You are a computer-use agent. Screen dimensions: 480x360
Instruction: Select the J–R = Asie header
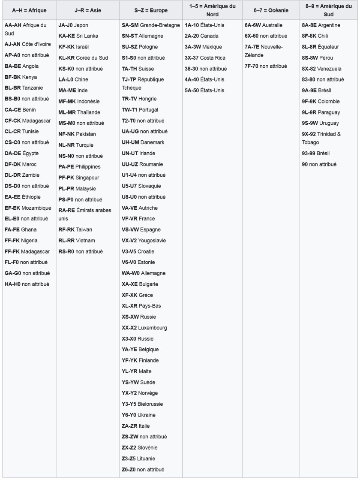pyautogui.click(x=86, y=9)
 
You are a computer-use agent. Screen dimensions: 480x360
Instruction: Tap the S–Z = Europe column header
pyautogui.click(x=150, y=9)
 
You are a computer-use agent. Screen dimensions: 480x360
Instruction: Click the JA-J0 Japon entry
pyautogui.click(x=73, y=25)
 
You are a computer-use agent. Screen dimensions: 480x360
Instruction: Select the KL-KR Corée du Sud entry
pyautogui.click(x=83, y=58)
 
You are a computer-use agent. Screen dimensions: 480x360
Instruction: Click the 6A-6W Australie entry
pyautogui.click(x=263, y=25)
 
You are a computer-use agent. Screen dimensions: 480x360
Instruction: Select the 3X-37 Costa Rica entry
pyautogui.click(x=205, y=58)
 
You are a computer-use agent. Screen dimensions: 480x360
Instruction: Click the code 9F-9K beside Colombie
pyautogui.click(x=309, y=102)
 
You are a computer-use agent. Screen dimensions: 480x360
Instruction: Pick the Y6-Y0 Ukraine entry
pyautogui.click(x=138, y=415)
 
